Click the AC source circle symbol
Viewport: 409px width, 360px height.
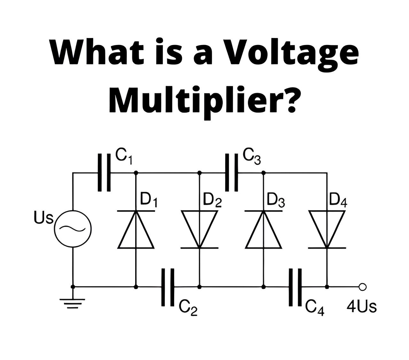click(x=73, y=229)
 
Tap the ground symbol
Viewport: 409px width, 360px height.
click(x=73, y=303)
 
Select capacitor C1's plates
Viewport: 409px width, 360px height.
click(x=104, y=172)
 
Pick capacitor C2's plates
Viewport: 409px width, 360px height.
click(x=168, y=287)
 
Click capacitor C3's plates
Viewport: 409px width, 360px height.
click(x=232, y=172)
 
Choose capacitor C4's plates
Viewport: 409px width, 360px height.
click(x=295, y=287)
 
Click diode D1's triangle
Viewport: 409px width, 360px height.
click(x=136, y=229)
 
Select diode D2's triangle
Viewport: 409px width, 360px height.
click(x=199, y=229)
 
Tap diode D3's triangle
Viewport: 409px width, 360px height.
click(x=263, y=229)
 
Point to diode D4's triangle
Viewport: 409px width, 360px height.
click(x=327, y=229)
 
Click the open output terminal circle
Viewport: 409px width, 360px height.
click(x=363, y=287)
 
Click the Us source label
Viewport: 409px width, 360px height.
click(x=43, y=218)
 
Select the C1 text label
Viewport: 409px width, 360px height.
click(x=124, y=157)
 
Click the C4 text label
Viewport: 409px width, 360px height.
click(x=315, y=308)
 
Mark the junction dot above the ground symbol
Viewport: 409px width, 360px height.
click(x=73, y=287)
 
